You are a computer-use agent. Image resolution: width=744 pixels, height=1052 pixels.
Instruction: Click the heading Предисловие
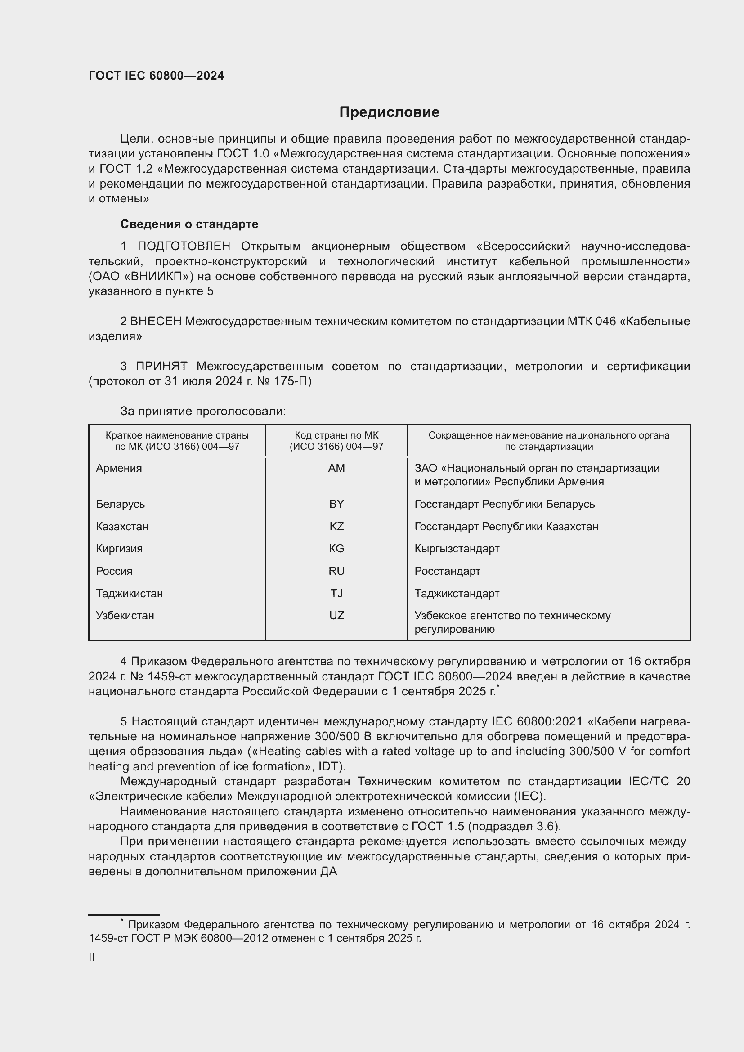(389, 112)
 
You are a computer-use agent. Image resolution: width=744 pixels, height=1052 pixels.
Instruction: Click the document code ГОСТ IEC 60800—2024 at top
(156, 76)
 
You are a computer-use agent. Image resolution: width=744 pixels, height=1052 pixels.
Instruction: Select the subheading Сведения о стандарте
(189, 224)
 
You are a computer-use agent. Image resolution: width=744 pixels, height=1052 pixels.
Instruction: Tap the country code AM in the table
(336, 468)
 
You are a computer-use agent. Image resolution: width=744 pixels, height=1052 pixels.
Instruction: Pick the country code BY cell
(336, 504)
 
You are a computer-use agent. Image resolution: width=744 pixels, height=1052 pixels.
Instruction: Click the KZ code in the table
(336, 527)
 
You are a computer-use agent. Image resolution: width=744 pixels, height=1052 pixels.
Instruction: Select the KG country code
(336, 548)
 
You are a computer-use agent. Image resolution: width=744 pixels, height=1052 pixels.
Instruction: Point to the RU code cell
(336, 571)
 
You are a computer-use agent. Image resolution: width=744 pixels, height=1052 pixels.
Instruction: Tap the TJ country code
(336, 593)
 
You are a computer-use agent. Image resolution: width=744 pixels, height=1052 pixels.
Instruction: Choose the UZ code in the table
(336, 615)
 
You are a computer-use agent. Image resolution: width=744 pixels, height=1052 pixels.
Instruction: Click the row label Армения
(119, 468)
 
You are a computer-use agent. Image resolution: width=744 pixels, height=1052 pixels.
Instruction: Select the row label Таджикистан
(129, 593)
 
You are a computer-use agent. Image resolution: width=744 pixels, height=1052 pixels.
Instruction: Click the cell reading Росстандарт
(447, 571)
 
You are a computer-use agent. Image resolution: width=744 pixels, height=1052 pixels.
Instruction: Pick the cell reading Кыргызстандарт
(457, 548)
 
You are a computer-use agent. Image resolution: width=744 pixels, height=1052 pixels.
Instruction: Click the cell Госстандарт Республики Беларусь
(504, 504)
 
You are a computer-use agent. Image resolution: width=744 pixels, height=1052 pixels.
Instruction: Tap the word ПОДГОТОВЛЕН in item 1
(184, 246)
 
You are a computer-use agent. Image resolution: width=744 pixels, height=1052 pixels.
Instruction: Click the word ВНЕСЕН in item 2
(156, 321)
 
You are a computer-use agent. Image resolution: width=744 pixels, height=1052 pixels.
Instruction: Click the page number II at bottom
(92, 957)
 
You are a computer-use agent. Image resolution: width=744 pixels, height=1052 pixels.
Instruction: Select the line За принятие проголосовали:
(203, 412)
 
